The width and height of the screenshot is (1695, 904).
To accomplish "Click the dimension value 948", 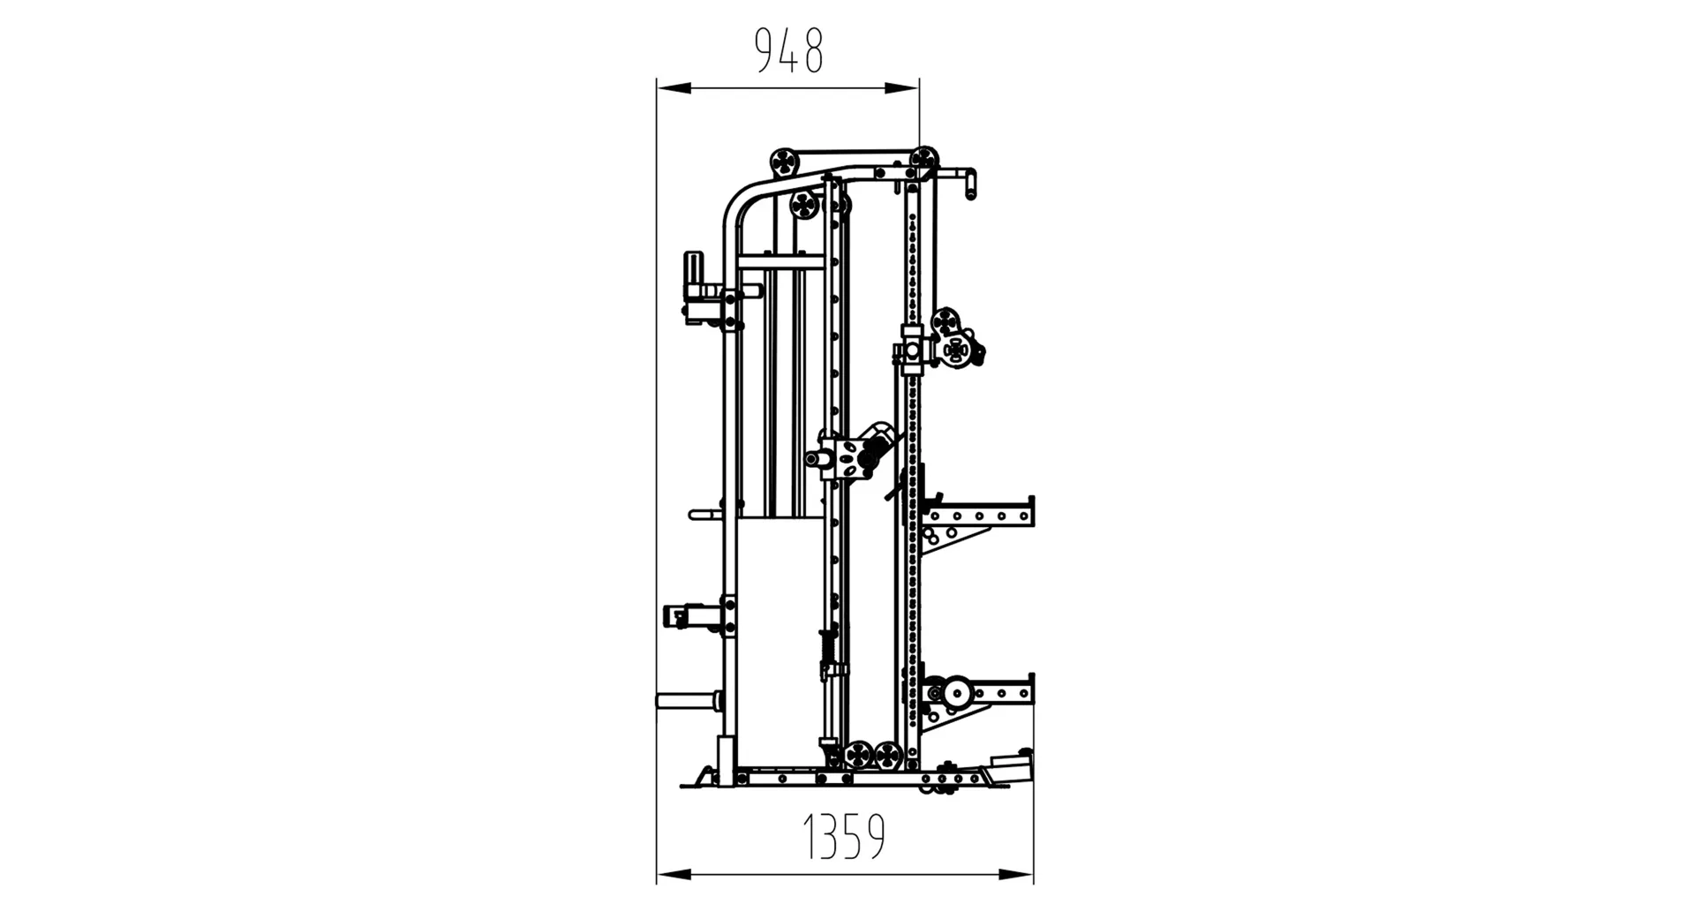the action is click(x=789, y=51).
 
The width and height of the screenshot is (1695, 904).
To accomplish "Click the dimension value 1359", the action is click(x=844, y=837).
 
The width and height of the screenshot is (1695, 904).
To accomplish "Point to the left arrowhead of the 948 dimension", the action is click(x=674, y=87).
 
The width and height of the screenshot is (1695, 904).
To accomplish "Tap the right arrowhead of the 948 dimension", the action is click(x=902, y=87).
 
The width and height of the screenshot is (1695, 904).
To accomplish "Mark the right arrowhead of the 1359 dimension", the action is click(x=1016, y=875).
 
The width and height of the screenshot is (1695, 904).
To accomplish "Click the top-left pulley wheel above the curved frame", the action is click(x=784, y=162).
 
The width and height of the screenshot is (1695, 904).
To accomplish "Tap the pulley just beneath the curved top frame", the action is click(x=804, y=205).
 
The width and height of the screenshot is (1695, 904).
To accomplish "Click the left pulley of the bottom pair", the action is click(x=857, y=756).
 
